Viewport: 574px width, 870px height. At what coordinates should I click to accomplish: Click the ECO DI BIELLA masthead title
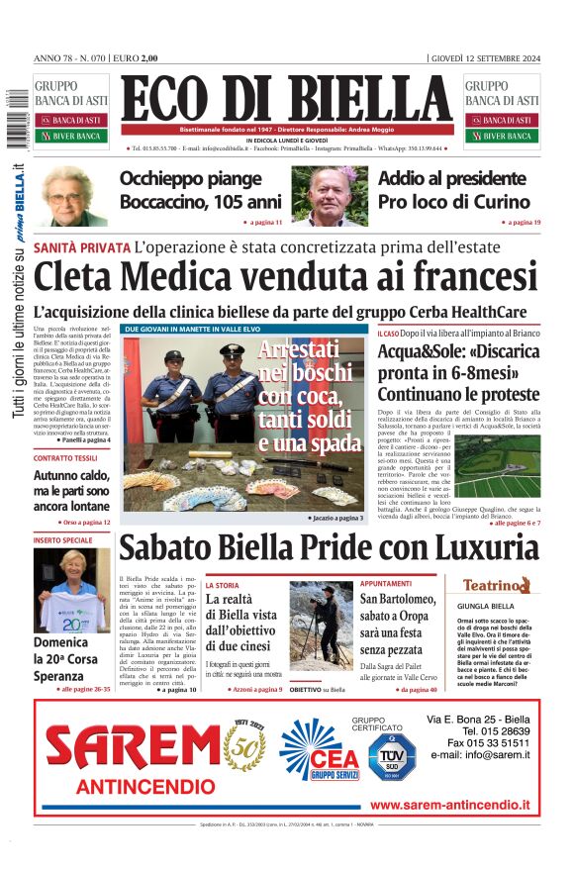pos(286,99)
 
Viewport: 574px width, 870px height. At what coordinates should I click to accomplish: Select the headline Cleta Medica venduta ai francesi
pos(285,276)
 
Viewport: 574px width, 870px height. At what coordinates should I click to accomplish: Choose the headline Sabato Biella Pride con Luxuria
pos(328,547)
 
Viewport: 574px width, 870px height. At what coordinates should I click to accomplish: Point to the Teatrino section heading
pos(501,585)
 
